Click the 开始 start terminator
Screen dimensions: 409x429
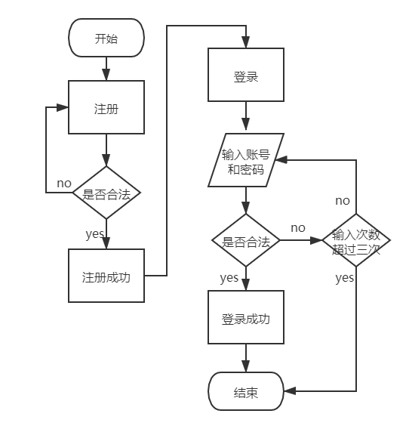[106, 38]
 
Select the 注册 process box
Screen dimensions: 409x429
[106, 107]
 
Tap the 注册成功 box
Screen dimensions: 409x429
[106, 276]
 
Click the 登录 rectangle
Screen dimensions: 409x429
[246, 75]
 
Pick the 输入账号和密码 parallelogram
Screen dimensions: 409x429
[246, 160]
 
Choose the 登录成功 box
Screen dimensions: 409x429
[246, 317]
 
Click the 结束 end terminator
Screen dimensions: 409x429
[246, 391]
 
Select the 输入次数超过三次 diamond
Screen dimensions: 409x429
[356, 240]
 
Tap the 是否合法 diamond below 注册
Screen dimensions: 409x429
[106, 193]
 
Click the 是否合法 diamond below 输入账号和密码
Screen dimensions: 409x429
[246, 240]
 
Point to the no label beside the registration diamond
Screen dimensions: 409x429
[64, 184]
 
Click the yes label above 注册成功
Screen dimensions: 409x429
[94, 234]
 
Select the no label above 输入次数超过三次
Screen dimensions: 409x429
[343, 201]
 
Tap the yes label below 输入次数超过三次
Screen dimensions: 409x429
[344, 278]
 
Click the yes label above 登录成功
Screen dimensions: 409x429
[229, 278]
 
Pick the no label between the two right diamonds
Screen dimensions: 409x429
[298, 228]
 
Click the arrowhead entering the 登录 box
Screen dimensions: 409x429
[246, 42]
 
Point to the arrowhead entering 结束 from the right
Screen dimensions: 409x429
[291, 391]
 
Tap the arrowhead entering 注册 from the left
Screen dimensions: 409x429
[62, 107]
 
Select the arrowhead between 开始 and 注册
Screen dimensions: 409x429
[106, 74]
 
